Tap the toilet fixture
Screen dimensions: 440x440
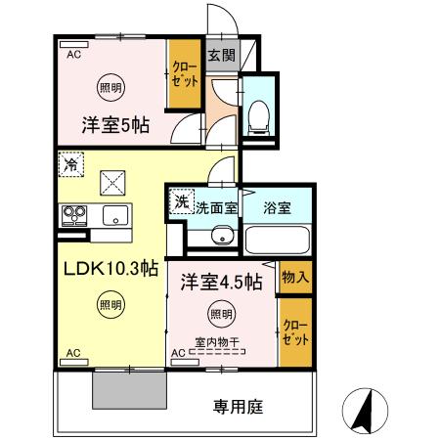click(x=260, y=115)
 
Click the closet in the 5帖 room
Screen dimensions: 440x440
click(x=182, y=74)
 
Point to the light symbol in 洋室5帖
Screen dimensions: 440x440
click(x=110, y=87)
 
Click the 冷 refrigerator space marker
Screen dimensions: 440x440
click(x=70, y=166)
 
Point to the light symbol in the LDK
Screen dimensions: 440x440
click(x=110, y=306)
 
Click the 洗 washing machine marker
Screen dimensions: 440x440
click(x=181, y=202)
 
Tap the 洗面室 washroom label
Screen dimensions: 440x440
click(x=216, y=207)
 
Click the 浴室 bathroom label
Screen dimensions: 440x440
click(x=277, y=207)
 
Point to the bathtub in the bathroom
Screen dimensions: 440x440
click(x=277, y=240)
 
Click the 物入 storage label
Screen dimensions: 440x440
click(x=294, y=278)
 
